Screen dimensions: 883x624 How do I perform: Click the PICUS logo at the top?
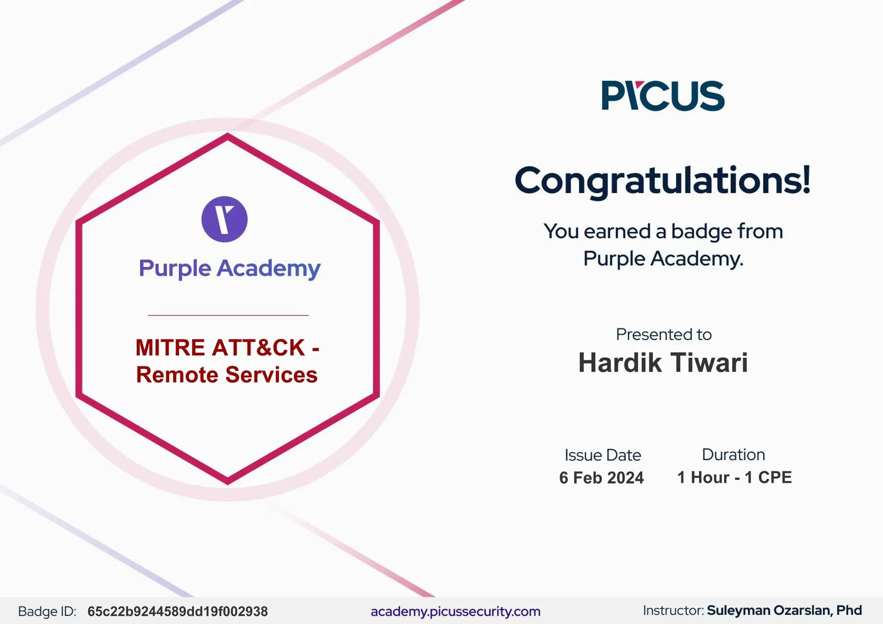pos(663,96)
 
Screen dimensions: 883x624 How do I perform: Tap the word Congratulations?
pos(663,181)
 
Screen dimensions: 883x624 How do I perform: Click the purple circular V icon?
pos(224,219)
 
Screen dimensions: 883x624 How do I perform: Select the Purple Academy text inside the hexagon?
pos(229,269)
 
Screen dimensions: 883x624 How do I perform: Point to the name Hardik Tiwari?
pos(663,362)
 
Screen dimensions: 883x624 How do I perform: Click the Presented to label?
pos(664,334)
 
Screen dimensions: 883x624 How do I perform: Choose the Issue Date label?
pos(602,455)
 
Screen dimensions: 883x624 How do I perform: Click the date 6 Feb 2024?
pos(602,478)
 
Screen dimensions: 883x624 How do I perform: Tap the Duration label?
pos(734,455)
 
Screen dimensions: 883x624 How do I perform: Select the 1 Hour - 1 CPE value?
pos(734,477)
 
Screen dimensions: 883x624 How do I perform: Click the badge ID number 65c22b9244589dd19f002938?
pos(178,612)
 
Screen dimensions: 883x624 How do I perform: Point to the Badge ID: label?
pos(47,612)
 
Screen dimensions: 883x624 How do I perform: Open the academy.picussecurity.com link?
pos(455,612)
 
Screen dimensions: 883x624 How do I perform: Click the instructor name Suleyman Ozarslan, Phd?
pos(784,611)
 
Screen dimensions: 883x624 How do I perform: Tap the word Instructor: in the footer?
pos(673,611)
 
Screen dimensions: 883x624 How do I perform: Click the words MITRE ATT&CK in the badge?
pos(220,348)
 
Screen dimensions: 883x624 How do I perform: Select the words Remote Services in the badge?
pos(227,375)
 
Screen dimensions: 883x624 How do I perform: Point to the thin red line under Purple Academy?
pos(228,315)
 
